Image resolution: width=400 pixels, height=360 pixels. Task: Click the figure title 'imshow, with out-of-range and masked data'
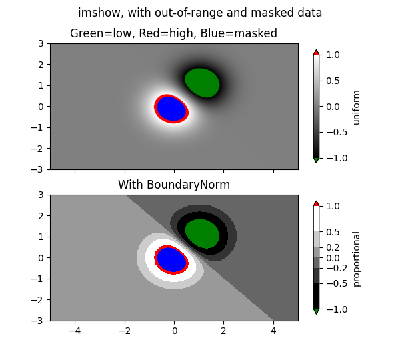pos(200,13)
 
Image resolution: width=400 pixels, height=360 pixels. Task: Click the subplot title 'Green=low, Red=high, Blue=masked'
pos(173,33)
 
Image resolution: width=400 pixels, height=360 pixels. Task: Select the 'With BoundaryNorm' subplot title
pos(174,185)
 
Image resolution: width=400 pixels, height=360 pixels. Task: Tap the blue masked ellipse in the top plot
pos(171,108)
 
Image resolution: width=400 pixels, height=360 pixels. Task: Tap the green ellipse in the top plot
pos(202,83)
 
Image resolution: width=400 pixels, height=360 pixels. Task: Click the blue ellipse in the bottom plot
pos(171,259)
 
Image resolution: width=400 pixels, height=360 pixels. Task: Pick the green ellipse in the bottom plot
pos(202,233)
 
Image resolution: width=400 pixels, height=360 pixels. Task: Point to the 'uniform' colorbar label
pos(357,107)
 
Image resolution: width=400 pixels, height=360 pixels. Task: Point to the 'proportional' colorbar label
pos(357,259)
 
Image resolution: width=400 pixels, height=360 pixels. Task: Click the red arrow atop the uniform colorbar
pos(316,52)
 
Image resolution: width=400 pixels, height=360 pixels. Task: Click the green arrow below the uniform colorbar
pos(316,160)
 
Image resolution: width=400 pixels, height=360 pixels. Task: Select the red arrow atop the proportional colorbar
pos(316,203)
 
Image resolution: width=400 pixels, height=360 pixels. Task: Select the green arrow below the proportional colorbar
pos(316,311)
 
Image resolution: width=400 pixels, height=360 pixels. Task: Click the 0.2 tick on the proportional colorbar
pos(333,247)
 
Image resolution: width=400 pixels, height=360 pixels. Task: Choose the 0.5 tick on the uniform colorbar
pos(333,81)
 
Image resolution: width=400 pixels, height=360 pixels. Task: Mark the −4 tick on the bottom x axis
pos(75,330)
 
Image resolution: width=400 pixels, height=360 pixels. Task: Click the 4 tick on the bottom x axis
pos(273,330)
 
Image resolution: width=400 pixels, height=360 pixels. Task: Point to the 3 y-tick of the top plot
pos(41,43)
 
